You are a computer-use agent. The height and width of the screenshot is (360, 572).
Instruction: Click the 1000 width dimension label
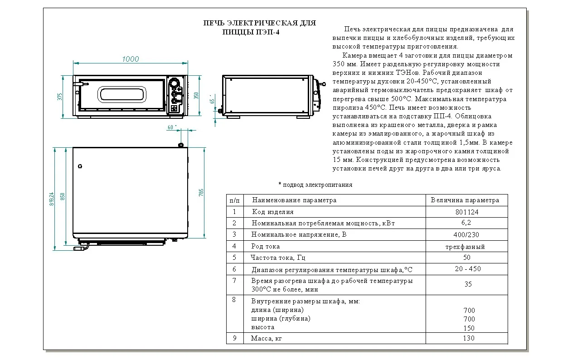pos(131,59)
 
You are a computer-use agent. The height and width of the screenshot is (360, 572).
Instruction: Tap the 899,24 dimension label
pos(52,199)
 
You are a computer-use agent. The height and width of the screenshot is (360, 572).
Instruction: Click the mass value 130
pos(469,338)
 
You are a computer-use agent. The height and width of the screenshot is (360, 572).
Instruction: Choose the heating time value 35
pos(468,284)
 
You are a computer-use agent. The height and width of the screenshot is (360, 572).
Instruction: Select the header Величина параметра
pos(465,200)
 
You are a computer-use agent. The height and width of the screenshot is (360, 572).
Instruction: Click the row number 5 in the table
pos(234,257)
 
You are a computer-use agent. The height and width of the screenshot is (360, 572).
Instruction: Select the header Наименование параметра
pos(295,200)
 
